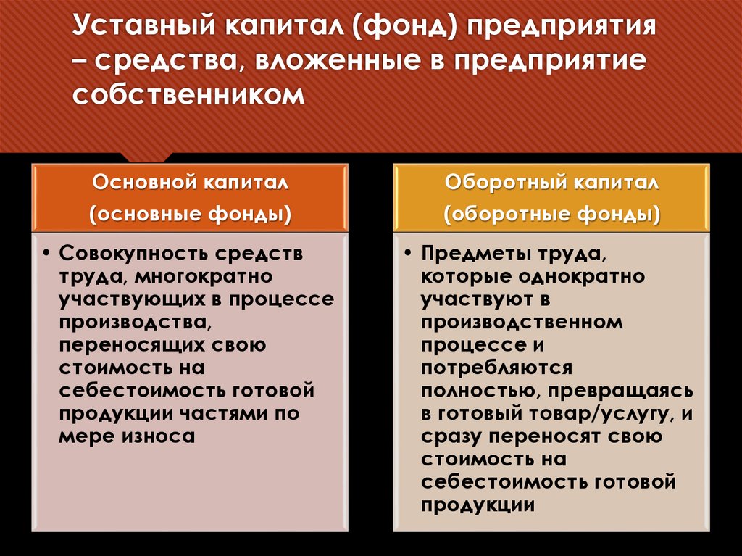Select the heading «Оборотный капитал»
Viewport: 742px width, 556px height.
(x=552, y=183)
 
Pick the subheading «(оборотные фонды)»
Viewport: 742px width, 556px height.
(x=552, y=215)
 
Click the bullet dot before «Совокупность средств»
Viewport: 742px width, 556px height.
(x=46, y=257)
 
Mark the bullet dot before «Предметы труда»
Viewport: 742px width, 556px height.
(x=408, y=257)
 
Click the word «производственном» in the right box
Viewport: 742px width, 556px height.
(x=521, y=323)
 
